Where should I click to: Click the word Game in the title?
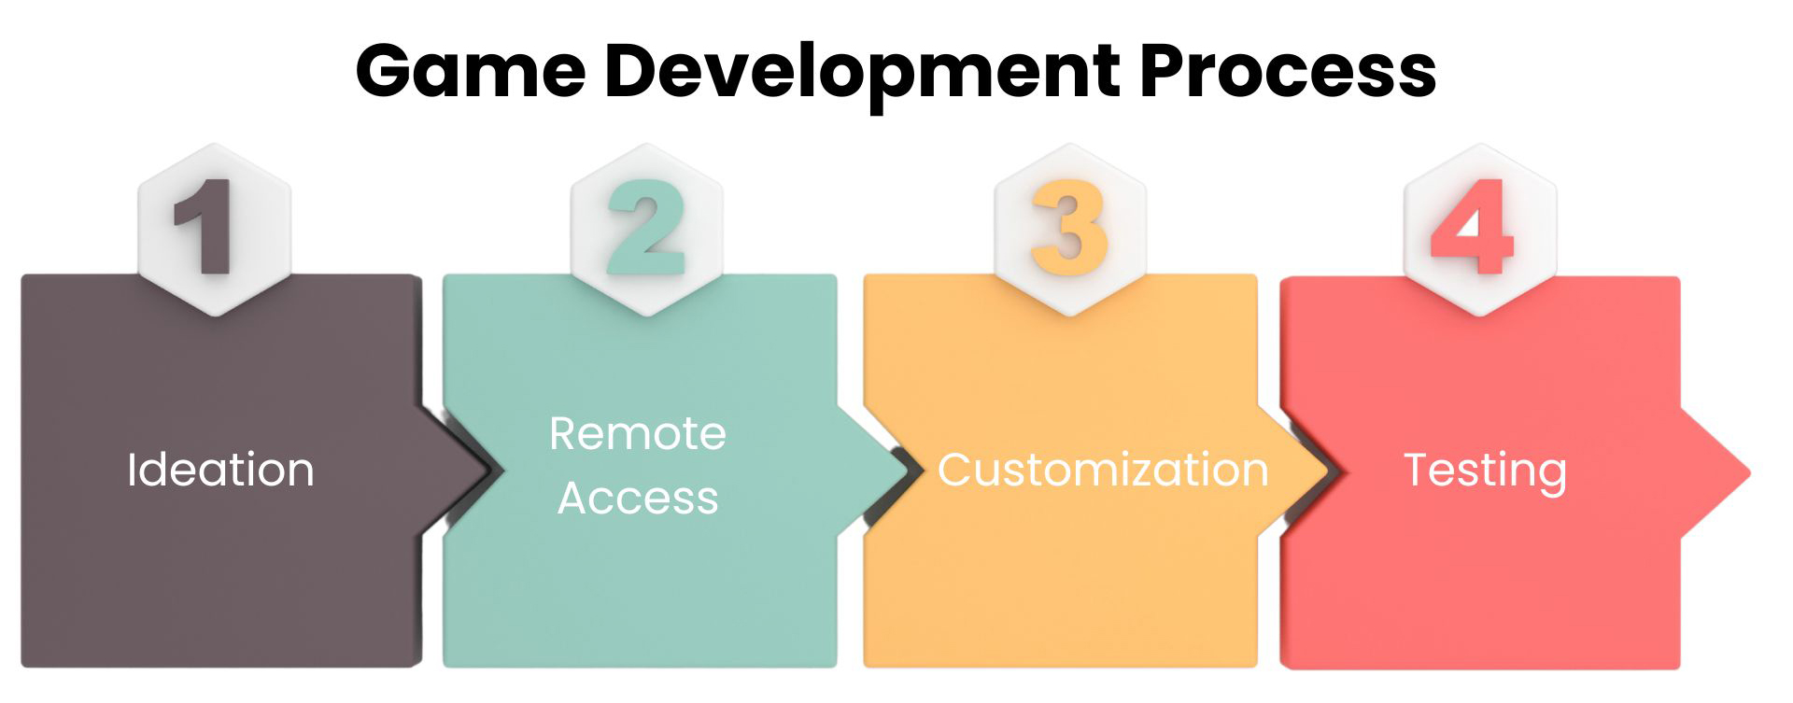pyautogui.click(x=471, y=72)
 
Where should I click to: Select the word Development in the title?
pyautogui.click(x=862, y=75)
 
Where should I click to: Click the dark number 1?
pyautogui.click(x=205, y=227)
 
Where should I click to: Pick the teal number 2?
pyautogui.click(x=646, y=227)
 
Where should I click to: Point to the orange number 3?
pyautogui.click(x=1069, y=227)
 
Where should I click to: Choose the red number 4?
pyautogui.click(x=1472, y=227)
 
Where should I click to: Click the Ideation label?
pyautogui.click(x=220, y=469)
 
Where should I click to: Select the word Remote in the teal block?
pyautogui.click(x=638, y=434)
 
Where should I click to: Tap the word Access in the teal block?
pyautogui.click(x=638, y=498)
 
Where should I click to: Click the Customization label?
pyautogui.click(x=1103, y=469)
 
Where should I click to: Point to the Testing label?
pyautogui.click(x=1485, y=471)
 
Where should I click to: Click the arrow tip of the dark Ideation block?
pyautogui.click(x=492, y=471)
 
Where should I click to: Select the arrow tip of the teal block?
pyautogui.click(x=910, y=471)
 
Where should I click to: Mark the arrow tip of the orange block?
pyautogui.click(x=1327, y=471)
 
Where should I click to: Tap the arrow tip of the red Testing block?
pyautogui.click(x=1750, y=472)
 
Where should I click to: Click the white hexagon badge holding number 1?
pyautogui.click(x=215, y=230)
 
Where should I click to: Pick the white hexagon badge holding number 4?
pyautogui.click(x=1480, y=230)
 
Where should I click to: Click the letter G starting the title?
pyautogui.click(x=386, y=71)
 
